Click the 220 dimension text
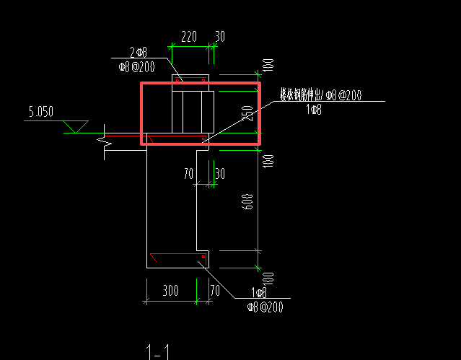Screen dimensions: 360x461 pyautogui.click(x=189, y=37)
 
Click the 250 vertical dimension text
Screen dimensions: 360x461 pyautogui.click(x=248, y=113)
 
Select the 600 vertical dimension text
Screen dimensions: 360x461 pyautogui.click(x=248, y=203)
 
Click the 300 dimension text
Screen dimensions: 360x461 pyautogui.click(x=170, y=291)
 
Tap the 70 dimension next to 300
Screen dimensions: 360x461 pyautogui.click(x=214, y=291)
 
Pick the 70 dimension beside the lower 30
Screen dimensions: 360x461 pyautogui.click(x=188, y=173)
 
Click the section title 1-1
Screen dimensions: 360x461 pyautogui.click(x=157, y=352)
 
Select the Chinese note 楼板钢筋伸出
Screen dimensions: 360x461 pyautogui.click(x=302, y=95)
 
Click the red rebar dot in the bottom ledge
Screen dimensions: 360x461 pyautogui.click(x=203, y=256)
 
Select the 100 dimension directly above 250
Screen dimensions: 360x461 pyautogui.click(x=268, y=66)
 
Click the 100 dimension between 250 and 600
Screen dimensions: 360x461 pyautogui.click(x=268, y=160)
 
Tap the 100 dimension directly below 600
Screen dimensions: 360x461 pyautogui.click(x=268, y=278)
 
